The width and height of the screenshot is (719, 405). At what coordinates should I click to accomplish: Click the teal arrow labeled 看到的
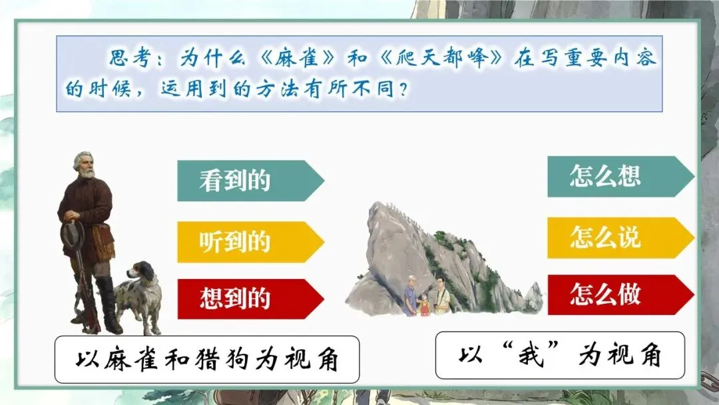click(250, 181)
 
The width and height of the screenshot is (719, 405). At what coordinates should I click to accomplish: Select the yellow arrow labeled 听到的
click(250, 242)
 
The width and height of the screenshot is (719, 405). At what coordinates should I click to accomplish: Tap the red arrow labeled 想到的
click(250, 298)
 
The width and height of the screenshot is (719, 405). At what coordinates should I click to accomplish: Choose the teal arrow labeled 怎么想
click(621, 177)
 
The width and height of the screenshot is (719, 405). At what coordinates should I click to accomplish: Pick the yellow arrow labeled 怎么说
click(621, 238)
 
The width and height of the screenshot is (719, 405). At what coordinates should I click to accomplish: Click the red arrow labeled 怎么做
click(621, 294)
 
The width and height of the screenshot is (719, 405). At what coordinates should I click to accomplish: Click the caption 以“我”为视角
click(560, 355)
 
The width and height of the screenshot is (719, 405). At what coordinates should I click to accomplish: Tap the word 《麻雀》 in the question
click(297, 58)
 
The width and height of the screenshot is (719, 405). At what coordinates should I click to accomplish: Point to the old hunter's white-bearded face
click(85, 166)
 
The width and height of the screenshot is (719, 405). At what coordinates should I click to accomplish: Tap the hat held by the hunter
click(73, 236)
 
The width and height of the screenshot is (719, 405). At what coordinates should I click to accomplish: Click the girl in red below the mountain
click(425, 304)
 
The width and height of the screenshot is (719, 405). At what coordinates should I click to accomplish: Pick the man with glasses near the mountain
click(442, 295)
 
